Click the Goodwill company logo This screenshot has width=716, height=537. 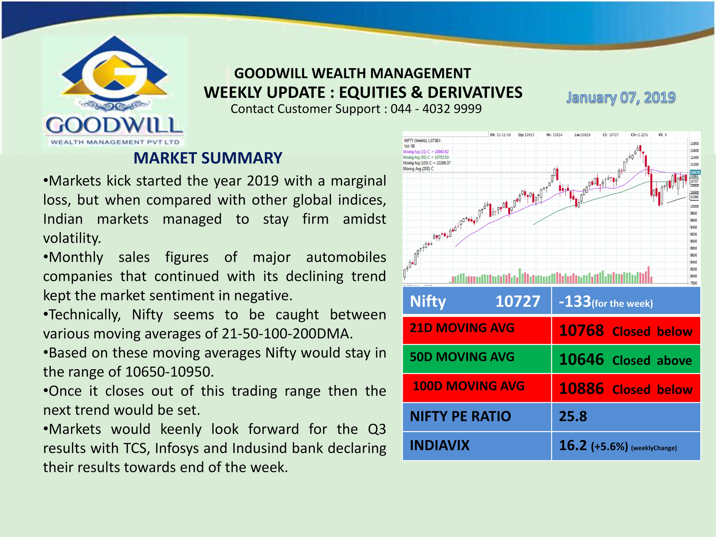115,91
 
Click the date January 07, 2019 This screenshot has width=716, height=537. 621,97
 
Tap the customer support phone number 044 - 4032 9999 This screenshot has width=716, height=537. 436,109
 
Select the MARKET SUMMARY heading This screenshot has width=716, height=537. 208,158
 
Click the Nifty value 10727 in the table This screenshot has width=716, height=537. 518,301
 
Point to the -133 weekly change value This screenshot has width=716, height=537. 575,301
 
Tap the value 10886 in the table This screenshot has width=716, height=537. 581,389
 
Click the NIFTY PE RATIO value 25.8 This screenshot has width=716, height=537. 573,417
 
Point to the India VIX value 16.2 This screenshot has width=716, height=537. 573,446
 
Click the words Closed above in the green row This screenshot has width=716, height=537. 652,361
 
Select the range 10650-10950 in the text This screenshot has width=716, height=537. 169,372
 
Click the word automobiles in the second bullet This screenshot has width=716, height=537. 346,257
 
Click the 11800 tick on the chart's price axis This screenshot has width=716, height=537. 694,144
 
